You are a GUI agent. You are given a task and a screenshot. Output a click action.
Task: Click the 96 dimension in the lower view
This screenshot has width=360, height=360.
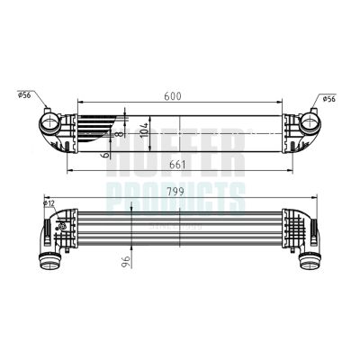(127, 260)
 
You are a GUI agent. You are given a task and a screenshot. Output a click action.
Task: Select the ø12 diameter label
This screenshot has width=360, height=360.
(49, 204)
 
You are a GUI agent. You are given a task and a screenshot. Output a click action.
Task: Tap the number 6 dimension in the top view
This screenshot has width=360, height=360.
(107, 154)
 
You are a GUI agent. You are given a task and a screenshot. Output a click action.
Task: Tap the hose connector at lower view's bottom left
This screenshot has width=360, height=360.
(49, 263)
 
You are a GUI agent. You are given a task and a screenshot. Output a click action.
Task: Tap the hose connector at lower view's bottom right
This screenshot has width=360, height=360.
(310, 261)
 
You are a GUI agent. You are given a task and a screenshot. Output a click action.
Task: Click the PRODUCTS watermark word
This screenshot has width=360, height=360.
(180, 193)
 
